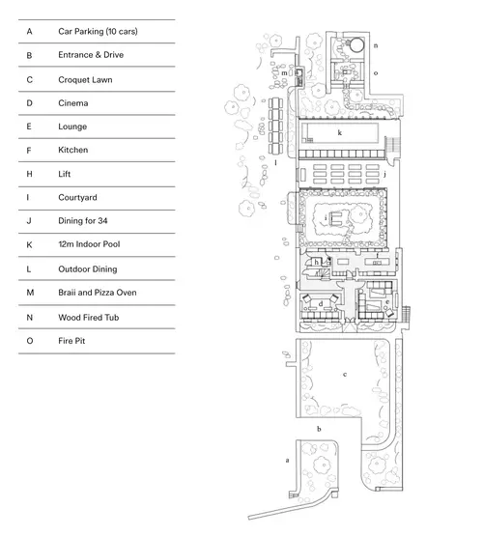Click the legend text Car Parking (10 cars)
click(x=98, y=32)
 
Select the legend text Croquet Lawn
click(x=85, y=79)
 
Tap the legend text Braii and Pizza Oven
click(x=98, y=293)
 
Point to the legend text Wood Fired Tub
click(x=89, y=318)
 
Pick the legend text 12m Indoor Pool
click(x=89, y=244)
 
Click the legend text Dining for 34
click(x=83, y=221)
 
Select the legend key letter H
click(x=29, y=174)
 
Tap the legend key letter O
click(x=30, y=341)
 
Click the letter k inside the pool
click(x=339, y=132)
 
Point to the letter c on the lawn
click(x=345, y=375)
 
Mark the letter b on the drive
click(x=319, y=429)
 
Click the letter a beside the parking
click(x=287, y=460)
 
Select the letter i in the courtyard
click(x=326, y=216)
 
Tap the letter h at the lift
click(x=317, y=262)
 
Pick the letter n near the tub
click(x=376, y=45)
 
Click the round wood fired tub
click(x=356, y=44)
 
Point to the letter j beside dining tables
click(x=384, y=175)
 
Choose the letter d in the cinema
click(x=321, y=303)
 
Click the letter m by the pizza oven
click(x=284, y=72)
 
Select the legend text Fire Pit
click(x=71, y=341)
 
